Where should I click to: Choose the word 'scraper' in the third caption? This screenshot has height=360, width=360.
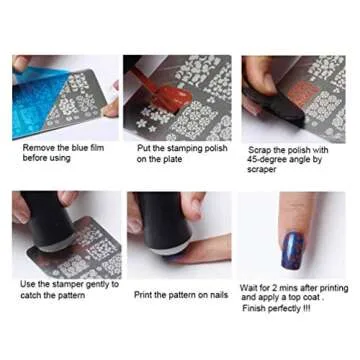click(263, 169)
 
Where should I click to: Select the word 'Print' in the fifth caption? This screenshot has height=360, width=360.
click(144, 294)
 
